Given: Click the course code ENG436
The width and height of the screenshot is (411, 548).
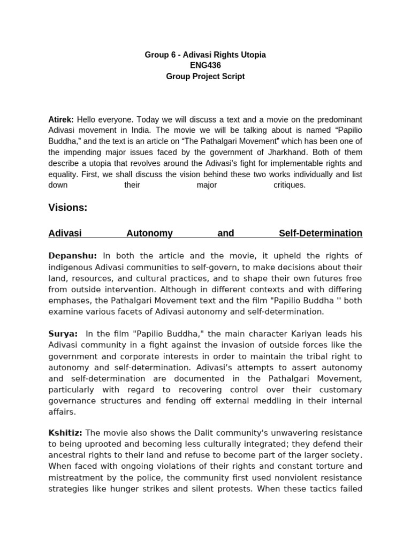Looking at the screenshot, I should [x=205, y=65].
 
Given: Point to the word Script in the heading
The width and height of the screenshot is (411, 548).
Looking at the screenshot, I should [x=232, y=76].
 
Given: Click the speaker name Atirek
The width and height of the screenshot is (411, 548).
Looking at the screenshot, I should [x=60, y=119].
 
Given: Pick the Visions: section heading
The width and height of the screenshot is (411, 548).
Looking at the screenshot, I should [x=67, y=208].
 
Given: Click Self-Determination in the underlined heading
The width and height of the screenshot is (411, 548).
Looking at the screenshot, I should [x=320, y=233].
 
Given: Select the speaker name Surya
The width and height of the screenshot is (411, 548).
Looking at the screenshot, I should [x=63, y=334].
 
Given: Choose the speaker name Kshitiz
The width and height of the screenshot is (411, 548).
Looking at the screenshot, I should [x=65, y=432].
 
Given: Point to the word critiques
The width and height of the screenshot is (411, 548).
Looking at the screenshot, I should [x=289, y=185].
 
